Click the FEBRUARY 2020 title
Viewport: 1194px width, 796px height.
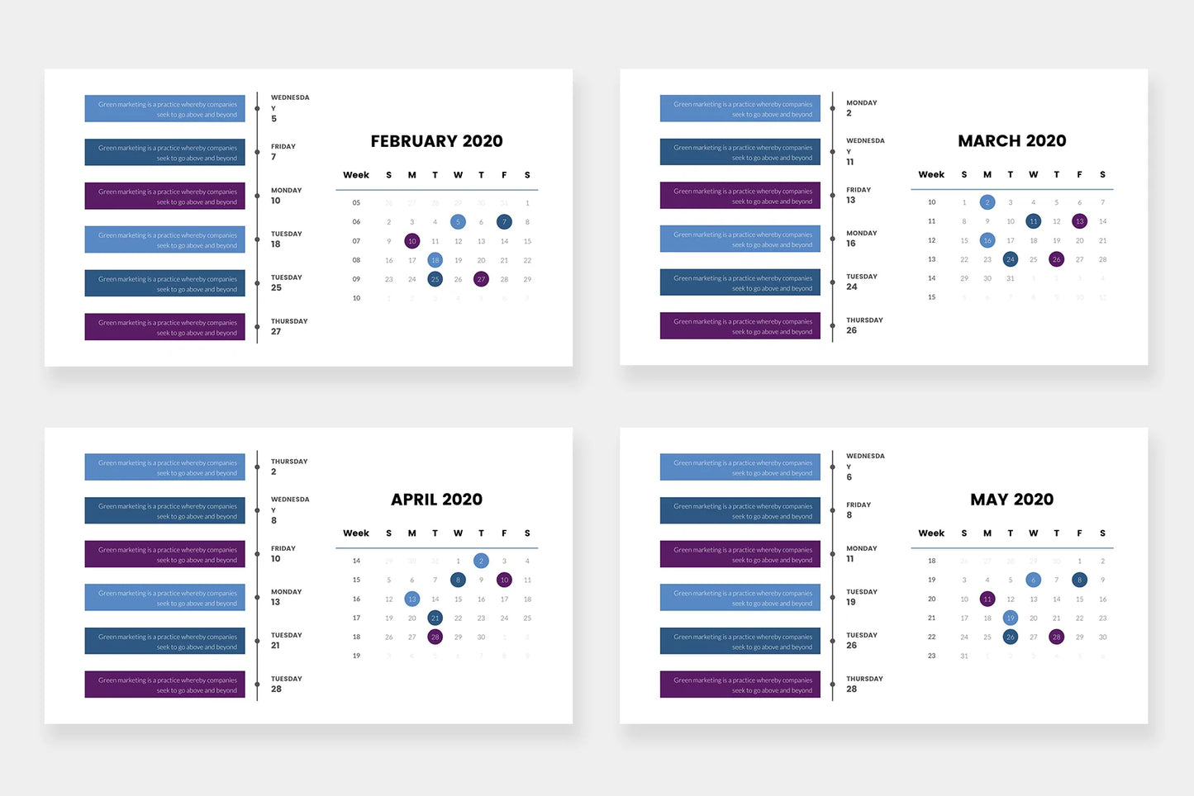(436, 141)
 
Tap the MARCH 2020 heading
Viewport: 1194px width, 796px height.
(1011, 141)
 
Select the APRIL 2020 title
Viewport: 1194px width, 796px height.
(436, 500)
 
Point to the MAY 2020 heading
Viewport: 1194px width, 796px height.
(1011, 500)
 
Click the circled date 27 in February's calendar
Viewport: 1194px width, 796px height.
(481, 279)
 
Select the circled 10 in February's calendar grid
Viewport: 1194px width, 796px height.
(411, 241)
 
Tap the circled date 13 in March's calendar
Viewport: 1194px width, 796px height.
(1079, 221)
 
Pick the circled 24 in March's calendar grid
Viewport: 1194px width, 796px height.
(1010, 259)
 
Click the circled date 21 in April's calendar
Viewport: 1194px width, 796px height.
(435, 618)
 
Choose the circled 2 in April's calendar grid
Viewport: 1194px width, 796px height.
(481, 561)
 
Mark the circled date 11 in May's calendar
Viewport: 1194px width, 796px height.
(987, 599)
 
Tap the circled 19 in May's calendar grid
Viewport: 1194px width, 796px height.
(1010, 618)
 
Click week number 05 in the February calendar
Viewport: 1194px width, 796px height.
(356, 202)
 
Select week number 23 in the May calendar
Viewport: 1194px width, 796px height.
(931, 656)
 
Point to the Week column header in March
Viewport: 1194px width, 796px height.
(931, 174)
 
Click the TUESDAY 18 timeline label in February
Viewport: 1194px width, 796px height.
(286, 239)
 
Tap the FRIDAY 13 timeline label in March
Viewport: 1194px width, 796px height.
(858, 195)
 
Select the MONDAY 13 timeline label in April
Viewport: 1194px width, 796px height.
(286, 597)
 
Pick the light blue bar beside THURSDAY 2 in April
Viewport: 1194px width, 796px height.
(164, 467)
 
